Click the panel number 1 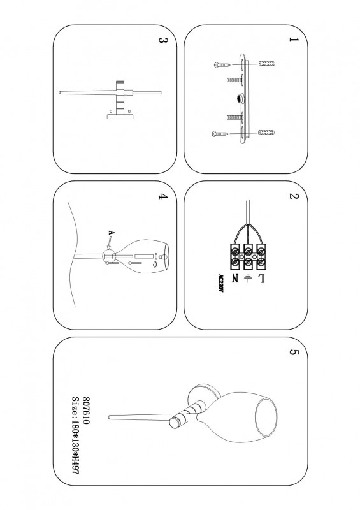tap(294, 40)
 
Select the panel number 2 tap(294, 196)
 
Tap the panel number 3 tap(163, 40)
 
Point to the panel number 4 tap(163, 196)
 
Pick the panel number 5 tap(294, 353)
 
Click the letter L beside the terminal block tap(261, 279)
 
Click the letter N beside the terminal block tap(235, 279)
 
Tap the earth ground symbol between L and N tap(248, 279)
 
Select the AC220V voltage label tap(220, 283)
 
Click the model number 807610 tap(85, 410)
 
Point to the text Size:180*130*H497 tap(75, 435)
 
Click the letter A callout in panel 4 tap(112, 233)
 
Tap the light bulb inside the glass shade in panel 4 tap(164, 257)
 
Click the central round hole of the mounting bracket tap(241, 98)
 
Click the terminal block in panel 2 tap(247, 256)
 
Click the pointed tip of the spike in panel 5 tap(108, 417)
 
